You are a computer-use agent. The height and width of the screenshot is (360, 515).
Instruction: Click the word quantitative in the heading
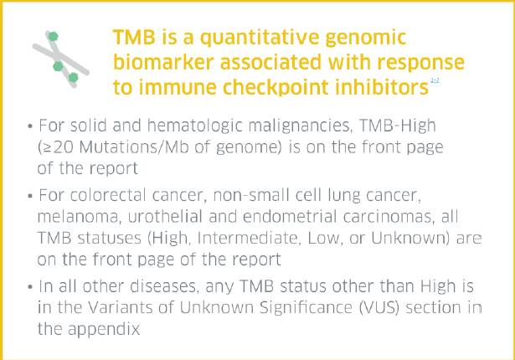(x=259, y=39)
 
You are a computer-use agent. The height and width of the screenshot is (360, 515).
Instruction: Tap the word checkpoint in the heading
(x=276, y=87)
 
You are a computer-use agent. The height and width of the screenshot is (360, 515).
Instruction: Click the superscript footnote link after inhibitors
(x=435, y=80)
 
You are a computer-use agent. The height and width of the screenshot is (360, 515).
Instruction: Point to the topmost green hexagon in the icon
(x=53, y=37)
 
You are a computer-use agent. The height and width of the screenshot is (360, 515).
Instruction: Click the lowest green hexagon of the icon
(x=73, y=78)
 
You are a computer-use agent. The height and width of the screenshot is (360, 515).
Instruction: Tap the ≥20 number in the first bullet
(x=59, y=148)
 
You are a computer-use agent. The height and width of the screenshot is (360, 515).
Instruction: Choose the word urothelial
(x=165, y=217)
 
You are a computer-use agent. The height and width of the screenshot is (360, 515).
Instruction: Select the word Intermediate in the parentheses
(x=250, y=239)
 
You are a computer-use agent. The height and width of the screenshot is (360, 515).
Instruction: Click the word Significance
(x=306, y=308)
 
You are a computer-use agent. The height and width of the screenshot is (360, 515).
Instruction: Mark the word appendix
(x=104, y=330)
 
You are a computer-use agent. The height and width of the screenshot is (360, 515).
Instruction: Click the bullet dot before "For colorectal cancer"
(x=30, y=196)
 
